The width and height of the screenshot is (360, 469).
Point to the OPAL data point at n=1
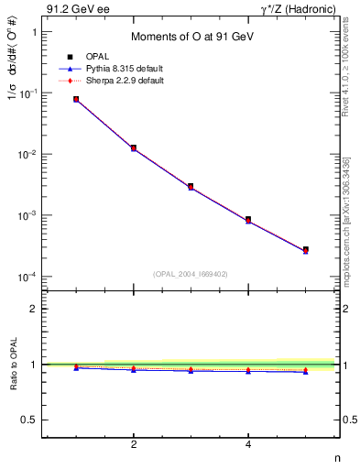coord(76,99)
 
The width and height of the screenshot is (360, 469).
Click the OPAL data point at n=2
coord(134,147)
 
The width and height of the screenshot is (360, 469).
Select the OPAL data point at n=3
coord(191,186)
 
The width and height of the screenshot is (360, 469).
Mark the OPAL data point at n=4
coord(248,219)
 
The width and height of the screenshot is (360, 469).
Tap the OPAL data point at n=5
coord(305,249)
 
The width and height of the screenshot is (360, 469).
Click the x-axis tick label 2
coord(134,445)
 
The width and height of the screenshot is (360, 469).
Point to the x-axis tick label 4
coord(248,445)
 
